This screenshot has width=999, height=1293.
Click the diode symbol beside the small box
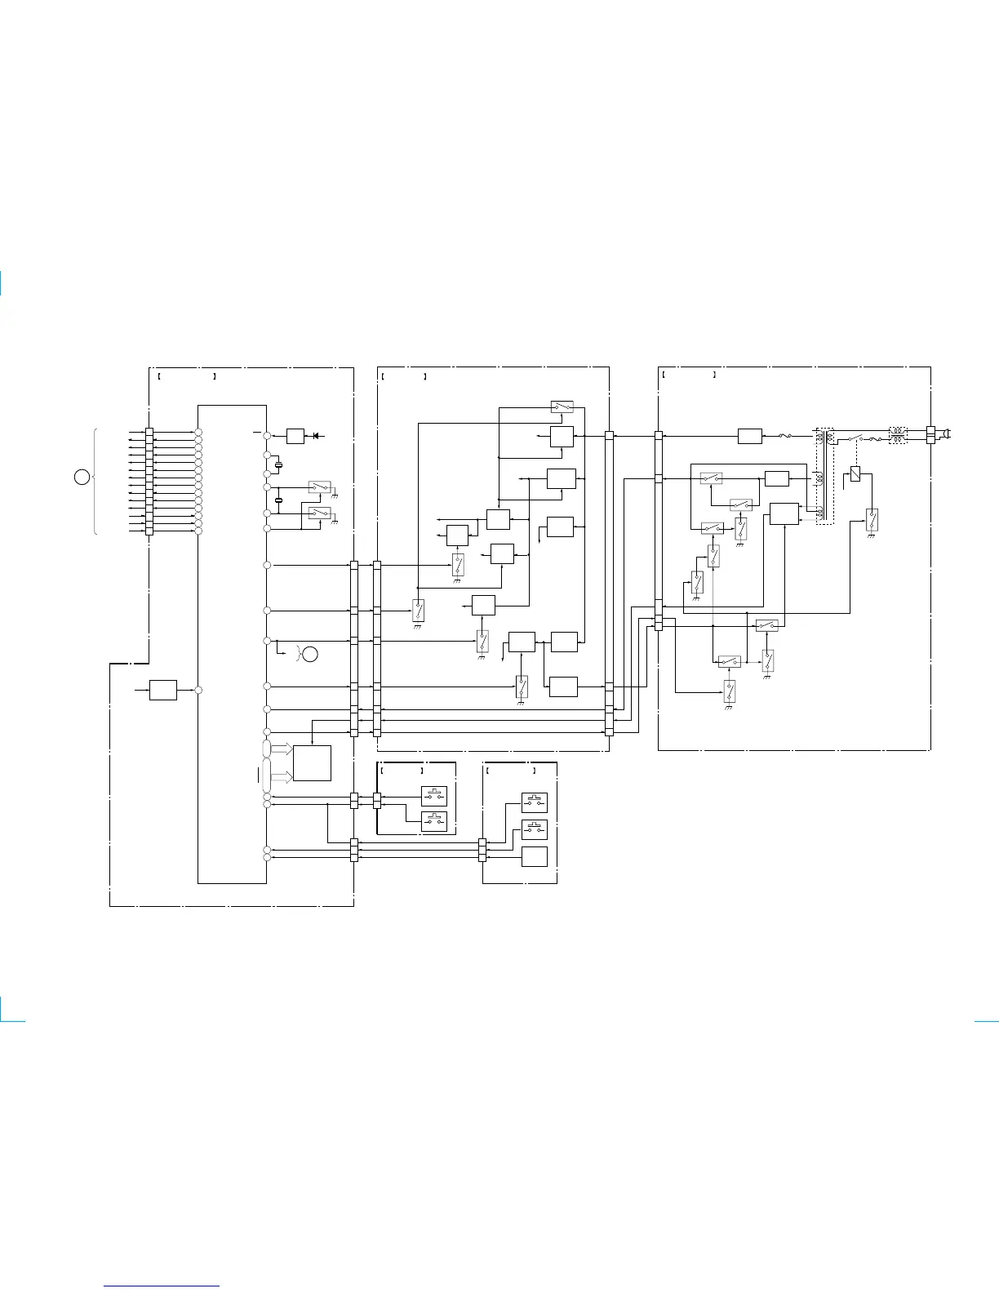315,437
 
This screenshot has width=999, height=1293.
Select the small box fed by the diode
295,437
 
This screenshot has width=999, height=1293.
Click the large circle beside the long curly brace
82,478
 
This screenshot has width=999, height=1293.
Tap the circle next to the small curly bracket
310,653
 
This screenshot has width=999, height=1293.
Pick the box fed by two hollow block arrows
312,763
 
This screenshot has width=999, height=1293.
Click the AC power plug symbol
947,433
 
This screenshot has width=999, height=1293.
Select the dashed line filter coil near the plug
897,434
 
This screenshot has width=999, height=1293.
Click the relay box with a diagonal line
855,473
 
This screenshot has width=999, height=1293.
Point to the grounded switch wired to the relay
872,519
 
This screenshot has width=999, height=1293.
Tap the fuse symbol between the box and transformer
787,437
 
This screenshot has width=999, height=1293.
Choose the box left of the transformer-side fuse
749,437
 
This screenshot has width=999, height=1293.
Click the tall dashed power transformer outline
824,475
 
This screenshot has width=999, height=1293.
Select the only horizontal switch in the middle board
562,407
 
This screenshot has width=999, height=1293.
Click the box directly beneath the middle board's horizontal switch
562,437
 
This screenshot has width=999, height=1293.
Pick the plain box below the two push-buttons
535,856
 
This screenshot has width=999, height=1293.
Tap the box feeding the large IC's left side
163,690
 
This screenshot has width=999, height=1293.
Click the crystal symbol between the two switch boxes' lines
278,500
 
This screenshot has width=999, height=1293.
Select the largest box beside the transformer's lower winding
784,514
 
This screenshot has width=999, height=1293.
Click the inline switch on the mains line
855,438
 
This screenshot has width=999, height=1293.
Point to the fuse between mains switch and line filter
874,438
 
